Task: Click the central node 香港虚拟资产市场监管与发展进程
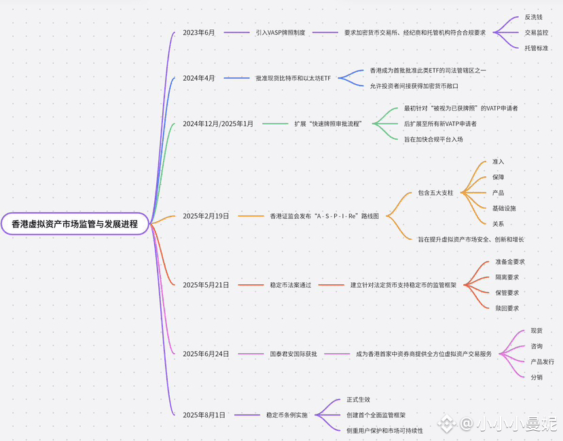click(x=75, y=224)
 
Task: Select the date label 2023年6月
click(x=199, y=33)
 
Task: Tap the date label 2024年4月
click(x=199, y=78)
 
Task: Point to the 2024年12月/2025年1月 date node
click(x=218, y=123)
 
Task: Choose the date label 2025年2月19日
click(x=206, y=216)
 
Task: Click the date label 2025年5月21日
click(x=206, y=285)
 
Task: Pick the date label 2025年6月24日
click(x=206, y=353)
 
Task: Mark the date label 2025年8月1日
click(x=204, y=415)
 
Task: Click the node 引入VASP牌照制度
click(x=280, y=33)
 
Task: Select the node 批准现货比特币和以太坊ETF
click(x=293, y=78)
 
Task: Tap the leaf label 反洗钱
click(x=534, y=17)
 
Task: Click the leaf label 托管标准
click(x=537, y=47)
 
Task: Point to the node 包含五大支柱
click(x=435, y=193)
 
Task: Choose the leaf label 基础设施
click(x=504, y=208)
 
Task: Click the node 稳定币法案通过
click(x=291, y=285)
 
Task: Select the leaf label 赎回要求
click(x=507, y=308)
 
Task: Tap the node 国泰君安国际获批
click(x=293, y=353)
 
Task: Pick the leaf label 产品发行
click(x=542, y=362)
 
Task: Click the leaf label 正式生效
click(x=358, y=400)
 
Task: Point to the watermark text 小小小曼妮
click(x=517, y=424)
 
